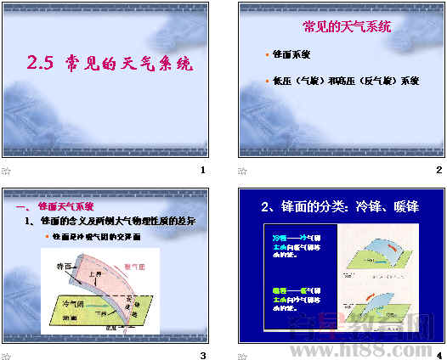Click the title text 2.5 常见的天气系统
[110, 63]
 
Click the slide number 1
[202, 171]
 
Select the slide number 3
[202, 354]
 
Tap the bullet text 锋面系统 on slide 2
[291, 54]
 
